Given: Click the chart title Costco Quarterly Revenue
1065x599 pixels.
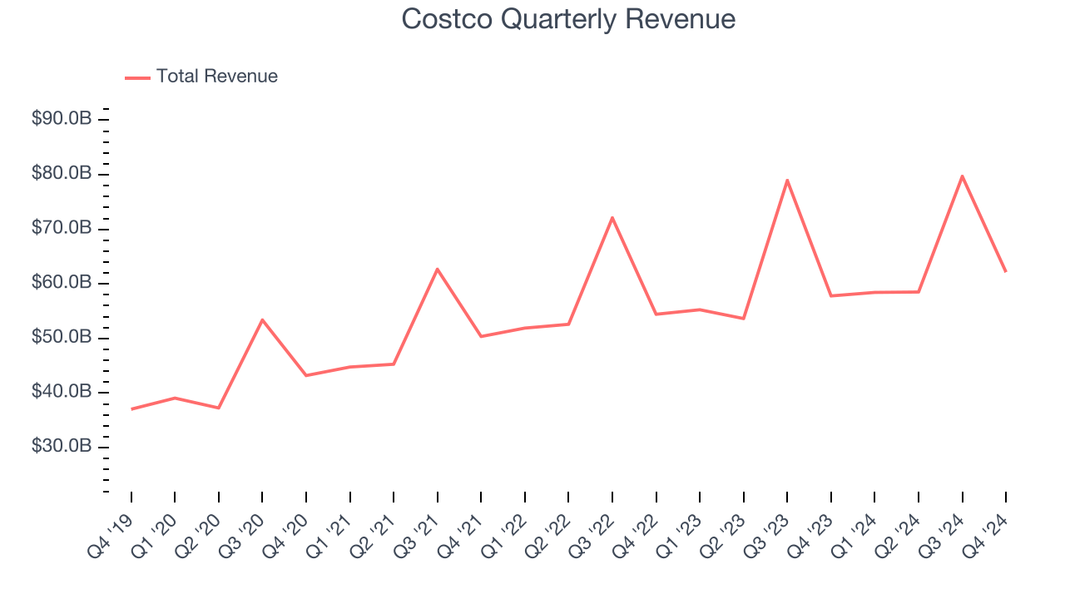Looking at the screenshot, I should (x=568, y=19).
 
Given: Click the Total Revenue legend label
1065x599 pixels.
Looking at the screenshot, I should (x=216, y=77).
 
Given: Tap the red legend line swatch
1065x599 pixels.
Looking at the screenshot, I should (x=137, y=77).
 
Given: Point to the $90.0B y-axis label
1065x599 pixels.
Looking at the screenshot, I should (x=61, y=119).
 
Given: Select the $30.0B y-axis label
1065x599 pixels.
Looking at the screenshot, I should (x=61, y=447).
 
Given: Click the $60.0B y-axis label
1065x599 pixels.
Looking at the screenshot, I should (x=61, y=283).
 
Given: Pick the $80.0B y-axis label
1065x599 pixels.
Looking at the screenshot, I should (x=61, y=174).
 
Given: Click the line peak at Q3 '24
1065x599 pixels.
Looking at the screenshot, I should (x=962, y=176).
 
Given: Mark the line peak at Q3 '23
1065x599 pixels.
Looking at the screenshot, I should (x=787, y=180).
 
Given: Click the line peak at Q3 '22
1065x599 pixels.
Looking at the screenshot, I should (x=612, y=217).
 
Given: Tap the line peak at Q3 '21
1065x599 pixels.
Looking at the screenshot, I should (x=438, y=269).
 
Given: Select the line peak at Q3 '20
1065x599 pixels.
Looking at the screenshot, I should (x=262, y=319).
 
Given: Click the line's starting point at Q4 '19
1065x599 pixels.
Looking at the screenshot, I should (x=131, y=408).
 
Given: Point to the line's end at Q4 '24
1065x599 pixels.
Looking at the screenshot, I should (x=1005, y=271).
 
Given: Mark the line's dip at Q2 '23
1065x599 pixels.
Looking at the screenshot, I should (x=743, y=319).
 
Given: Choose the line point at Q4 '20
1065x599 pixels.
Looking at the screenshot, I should (x=306, y=375).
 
